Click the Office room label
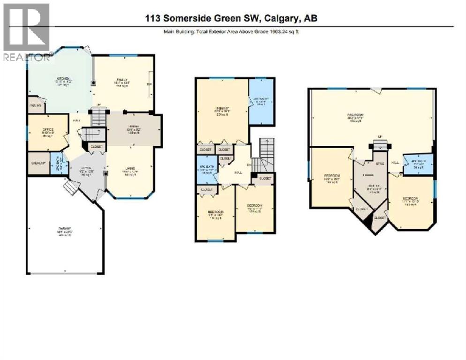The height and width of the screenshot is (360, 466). coord(48,130)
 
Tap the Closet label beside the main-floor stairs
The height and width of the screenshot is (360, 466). coord(96,146)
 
